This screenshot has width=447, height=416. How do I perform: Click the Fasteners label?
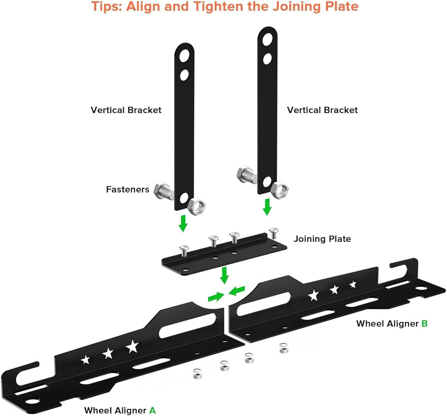(x=128, y=189)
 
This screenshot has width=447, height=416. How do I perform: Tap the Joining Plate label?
(x=322, y=239)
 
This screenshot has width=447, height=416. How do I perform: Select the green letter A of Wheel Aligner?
(x=152, y=410)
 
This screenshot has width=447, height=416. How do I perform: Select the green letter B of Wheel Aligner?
(x=424, y=324)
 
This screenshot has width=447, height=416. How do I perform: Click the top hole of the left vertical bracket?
(x=184, y=55)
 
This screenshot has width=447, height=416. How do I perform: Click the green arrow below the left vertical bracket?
(x=183, y=223)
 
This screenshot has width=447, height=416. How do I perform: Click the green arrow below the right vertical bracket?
(x=267, y=207)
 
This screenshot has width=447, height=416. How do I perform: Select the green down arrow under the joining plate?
(x=224, y=275)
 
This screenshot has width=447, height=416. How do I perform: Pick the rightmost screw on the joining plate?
(x=274, y=233)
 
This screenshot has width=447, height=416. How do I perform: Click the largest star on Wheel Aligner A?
(x=132, y=347)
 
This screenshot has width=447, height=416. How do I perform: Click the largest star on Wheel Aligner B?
(x=313, y=295)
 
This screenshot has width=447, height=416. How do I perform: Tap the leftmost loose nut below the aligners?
(x=197, y=374)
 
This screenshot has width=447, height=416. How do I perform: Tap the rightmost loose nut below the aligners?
(x=284, y=348)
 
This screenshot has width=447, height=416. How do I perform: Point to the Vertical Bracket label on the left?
(x=126, y=110)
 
